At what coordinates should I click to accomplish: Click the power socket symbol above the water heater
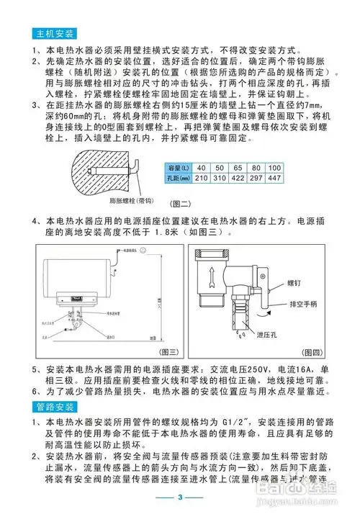[145, 251]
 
